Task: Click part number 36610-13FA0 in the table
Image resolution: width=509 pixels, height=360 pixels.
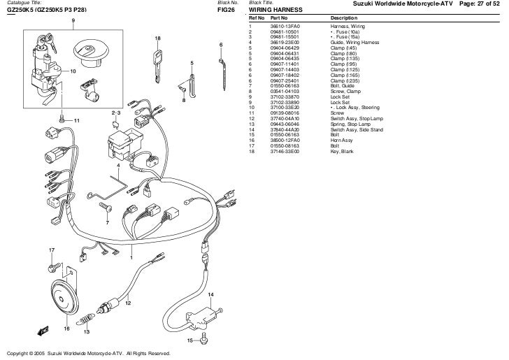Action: point(285,24)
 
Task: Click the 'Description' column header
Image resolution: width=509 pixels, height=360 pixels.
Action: point(344,17)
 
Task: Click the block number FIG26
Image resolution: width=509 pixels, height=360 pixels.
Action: point(225,10)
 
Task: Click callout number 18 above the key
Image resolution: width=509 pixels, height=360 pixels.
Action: point(157,38)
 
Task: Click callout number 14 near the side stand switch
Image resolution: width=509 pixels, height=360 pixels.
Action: point(210,295)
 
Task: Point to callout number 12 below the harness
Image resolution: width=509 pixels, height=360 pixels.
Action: point(127,303)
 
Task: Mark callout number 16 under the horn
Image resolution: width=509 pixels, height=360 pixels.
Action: point(67,327)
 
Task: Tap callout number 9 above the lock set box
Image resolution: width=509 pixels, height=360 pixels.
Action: point(73,20)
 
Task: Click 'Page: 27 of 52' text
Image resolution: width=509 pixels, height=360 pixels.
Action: point(483,5)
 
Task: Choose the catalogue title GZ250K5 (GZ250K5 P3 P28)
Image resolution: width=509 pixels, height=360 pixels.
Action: point(47,10)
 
